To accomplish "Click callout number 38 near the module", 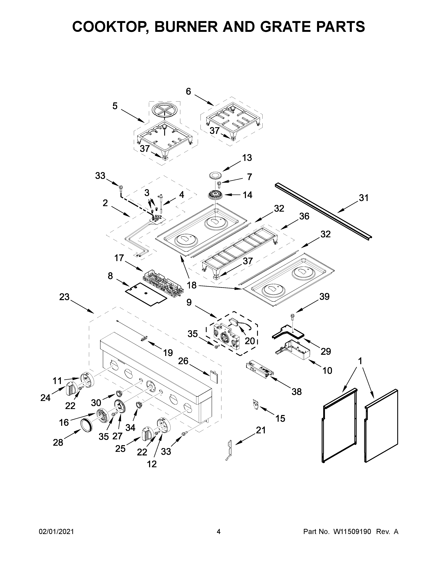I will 296,392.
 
